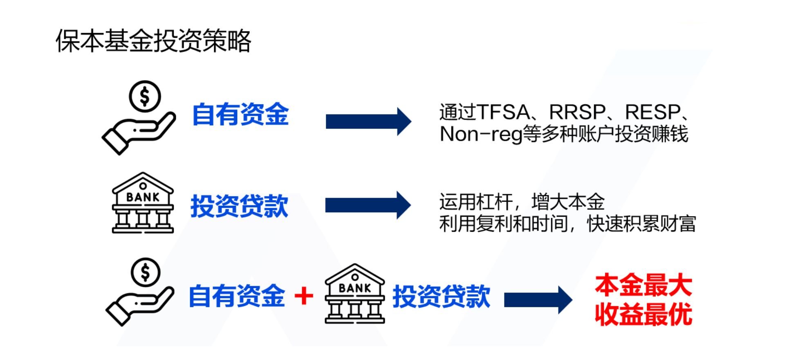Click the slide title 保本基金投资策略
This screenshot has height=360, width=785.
pyautogui.click(x=153, y=41)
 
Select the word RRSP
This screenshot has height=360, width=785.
pyautogui.click(x=577, y=112)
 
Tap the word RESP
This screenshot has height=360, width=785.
pyautogui.click(x=653, y=112)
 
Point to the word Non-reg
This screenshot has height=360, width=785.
pyautogui.click(x=481, y=134)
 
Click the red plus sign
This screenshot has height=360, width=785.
pyautogui.click(x=304, y=296)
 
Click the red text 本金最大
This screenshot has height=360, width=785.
pyautogui.click(x=643, y=285)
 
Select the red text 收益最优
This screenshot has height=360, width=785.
pyautogui.click(x=643, y=314)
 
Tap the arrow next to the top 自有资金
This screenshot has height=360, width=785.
pyautogui.click(x=368, y=122)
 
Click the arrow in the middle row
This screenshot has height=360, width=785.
pyautogui.click(x=368, y=205)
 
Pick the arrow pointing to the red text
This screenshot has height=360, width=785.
pyautogui.click(x=538, y=300)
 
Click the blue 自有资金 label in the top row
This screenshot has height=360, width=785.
pyautogui.click(x=240, y=114)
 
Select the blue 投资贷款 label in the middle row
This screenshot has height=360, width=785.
pyautogui.click(x=239, y=206)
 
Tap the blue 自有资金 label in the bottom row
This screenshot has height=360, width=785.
pyautogui.click(x=237, y=296)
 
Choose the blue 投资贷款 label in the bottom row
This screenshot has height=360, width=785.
pyautogui.click(x=441, y=296)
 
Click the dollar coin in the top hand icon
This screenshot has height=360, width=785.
pyautogui.click(x=145, y=97)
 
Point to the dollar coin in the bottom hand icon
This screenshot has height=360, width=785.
pyautogui.click(x=145, y=272)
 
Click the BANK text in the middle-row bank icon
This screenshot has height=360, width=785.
pyautogui.click(x=143, y=197)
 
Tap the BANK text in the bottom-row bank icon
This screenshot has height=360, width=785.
pyautogui.click(x=355, y=288)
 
